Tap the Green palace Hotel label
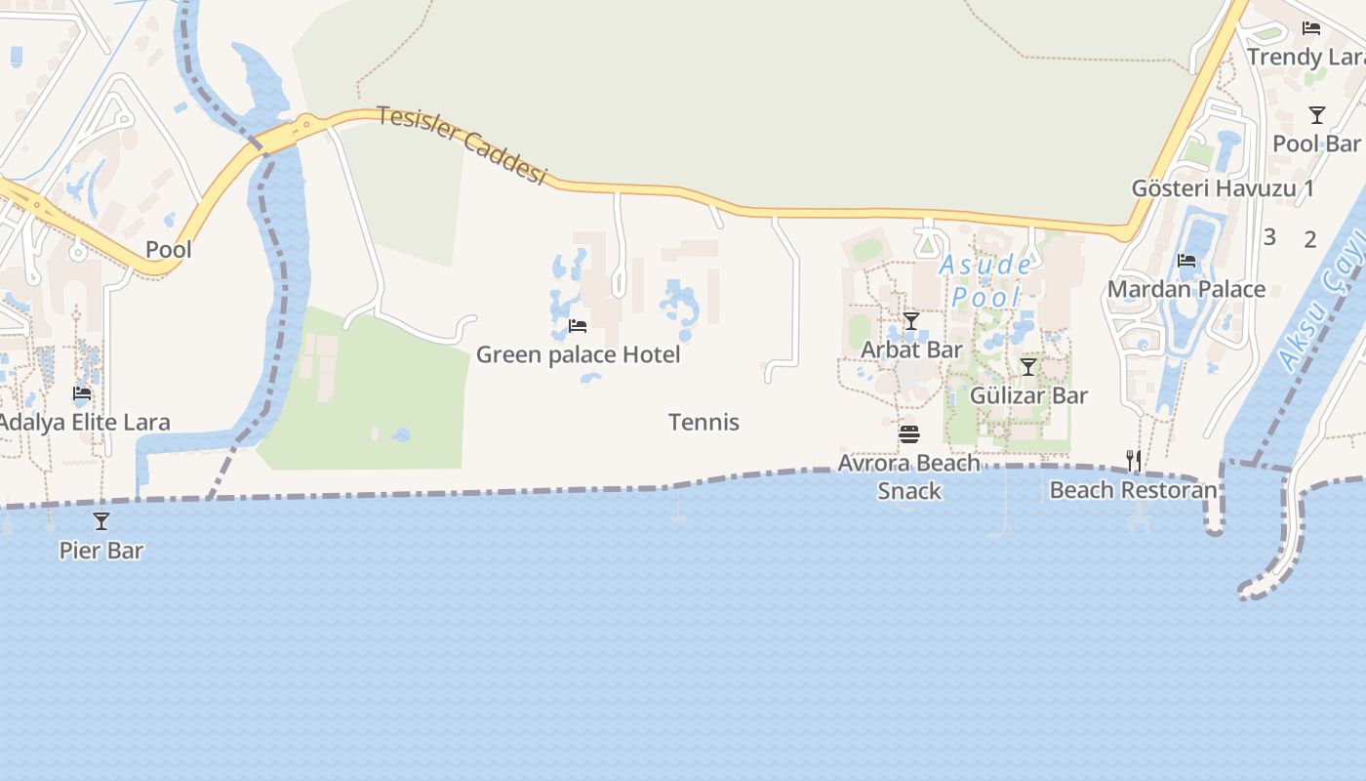(x=578, y=354)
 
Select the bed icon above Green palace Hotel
(x=578, y=326)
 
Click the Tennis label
(x=703, y=423)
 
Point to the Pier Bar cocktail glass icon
(x=101, y=521)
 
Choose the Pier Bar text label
(x=101, y=551)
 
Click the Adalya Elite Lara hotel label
(x=85, y=423)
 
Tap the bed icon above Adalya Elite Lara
(x=82, y=393)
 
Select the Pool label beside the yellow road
(x=169, y=250)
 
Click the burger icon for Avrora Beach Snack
(x=909, y=433)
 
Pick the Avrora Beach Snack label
(x=909, y=476)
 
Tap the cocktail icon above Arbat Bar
(x=911, y=321)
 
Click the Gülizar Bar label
(x=1028, y=395)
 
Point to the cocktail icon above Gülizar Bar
(x=1028, y=367)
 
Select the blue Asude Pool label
(x=985, y=280)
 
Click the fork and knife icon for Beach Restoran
(x=1134, y=460)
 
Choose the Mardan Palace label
(x=1185, y=289)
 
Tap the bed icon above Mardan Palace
(x=1186, y=261)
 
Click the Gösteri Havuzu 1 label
(x=1222, y=188)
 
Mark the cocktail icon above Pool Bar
(x=1317, y=115)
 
